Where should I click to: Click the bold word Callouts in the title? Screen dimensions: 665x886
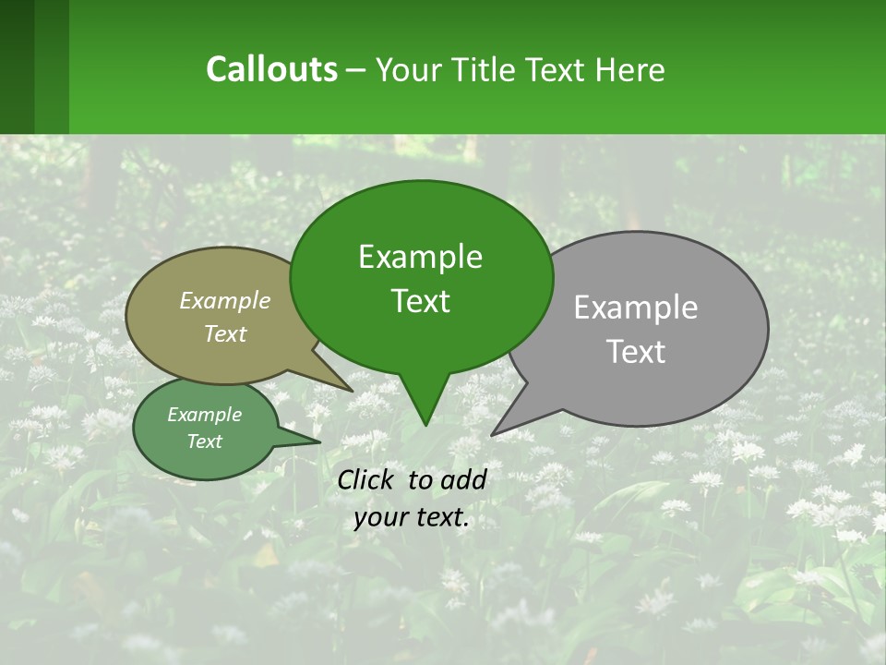(271, 69)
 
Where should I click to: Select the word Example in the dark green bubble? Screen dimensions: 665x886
(420, 257)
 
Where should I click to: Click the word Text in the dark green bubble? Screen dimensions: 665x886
(420, 300)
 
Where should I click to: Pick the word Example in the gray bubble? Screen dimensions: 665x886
(635, 307)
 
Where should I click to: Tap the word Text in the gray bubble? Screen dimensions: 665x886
(635, 351)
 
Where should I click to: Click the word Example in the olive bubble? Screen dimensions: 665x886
(225, 300)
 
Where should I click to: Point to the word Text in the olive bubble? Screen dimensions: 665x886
(225, 333)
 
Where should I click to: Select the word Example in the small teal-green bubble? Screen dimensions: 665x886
(204, 415)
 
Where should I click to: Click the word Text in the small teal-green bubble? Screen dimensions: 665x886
(204, 441)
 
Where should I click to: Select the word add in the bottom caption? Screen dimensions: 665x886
(463, 479)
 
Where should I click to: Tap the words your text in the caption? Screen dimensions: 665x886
(412, 518)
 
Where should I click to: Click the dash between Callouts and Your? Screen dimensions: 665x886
(357, 71)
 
